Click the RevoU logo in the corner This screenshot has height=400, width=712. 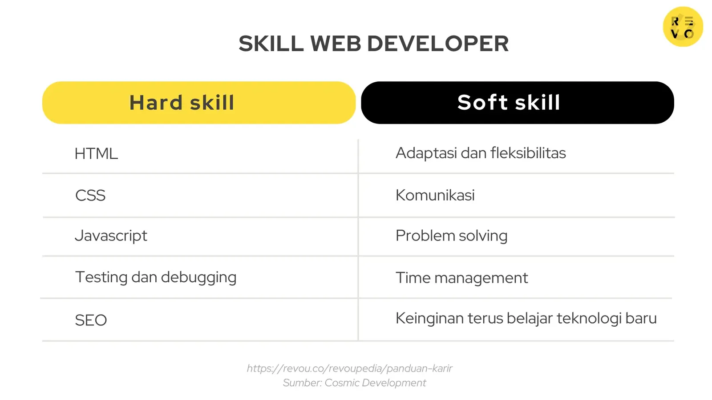point(683,27)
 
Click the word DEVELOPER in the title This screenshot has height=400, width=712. point(437,44)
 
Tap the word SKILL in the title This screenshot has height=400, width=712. point(271,44)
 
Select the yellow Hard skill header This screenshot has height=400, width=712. point(199,103)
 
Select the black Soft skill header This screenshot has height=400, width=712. point(518,103)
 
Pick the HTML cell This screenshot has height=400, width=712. point(96,154)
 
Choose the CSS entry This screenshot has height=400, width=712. point(90,196)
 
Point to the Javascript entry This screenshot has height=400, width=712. point(111,236)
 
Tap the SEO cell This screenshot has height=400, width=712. point(91,320)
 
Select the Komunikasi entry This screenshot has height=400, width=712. point(435,195)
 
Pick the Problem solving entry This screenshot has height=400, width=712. point(451,236)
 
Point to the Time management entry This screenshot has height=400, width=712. point(461,278)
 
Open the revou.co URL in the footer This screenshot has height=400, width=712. point(349,368)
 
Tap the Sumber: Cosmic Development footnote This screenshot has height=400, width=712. point(354,383)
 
